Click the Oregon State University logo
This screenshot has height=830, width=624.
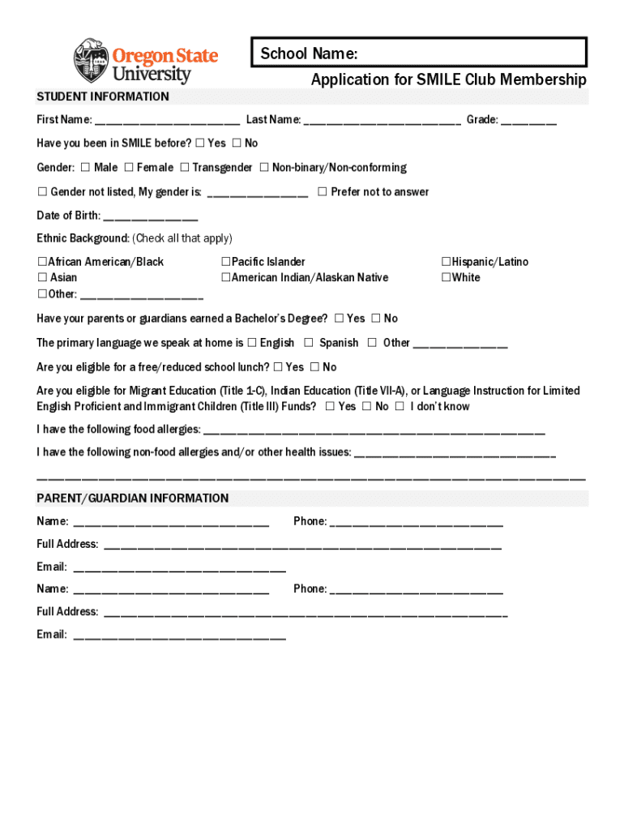click(146, 62)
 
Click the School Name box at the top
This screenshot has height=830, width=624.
click(418, 53)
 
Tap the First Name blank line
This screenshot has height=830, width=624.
click(167, 122)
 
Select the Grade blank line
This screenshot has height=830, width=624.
click(528, 122)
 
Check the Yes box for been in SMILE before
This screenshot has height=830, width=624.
click(199, 143)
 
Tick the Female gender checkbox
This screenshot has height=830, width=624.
click(129, 168)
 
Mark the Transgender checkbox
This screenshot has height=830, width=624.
click(185, 168)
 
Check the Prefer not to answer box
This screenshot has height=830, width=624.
click(322, 192)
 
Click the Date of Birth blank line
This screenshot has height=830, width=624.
click(151, 217)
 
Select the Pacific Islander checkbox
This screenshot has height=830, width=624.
click(226, 262)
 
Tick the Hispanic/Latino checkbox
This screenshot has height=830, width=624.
click(446, 262)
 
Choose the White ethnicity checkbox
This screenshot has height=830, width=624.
click(446, 278)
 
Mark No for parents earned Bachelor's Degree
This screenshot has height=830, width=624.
click(376, 319)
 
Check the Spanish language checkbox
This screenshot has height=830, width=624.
click(309, 343)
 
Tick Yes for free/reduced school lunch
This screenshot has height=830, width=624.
click(278, 367)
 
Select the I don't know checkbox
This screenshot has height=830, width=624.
click(400, 407)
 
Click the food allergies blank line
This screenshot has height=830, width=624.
click(373, 430)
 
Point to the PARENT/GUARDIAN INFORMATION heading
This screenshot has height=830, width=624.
click(133, 498)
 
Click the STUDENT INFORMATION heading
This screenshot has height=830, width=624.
click(103, 97)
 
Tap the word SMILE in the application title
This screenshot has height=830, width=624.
click(438, 79)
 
